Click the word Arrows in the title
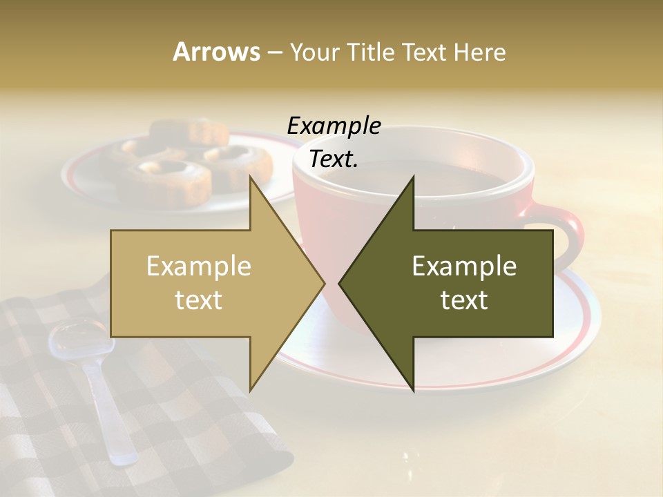pyautogui.click(x=217, y=52)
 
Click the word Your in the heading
pyautogui.click(x=314, y=52)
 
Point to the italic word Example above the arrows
pyautogui.click(x=334, y=126)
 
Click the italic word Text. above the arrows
pyautogui.click(x=334, y=159)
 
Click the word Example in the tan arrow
pyautogui.click(x=199, y=266)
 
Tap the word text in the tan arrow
pyautogui.click(x=199, y=300)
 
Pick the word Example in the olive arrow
pyautogui.click(x=464, y=266)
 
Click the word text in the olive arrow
pyautogui.click(x=464, y=300)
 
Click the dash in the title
pyautogui.click(x=274, y=52)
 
